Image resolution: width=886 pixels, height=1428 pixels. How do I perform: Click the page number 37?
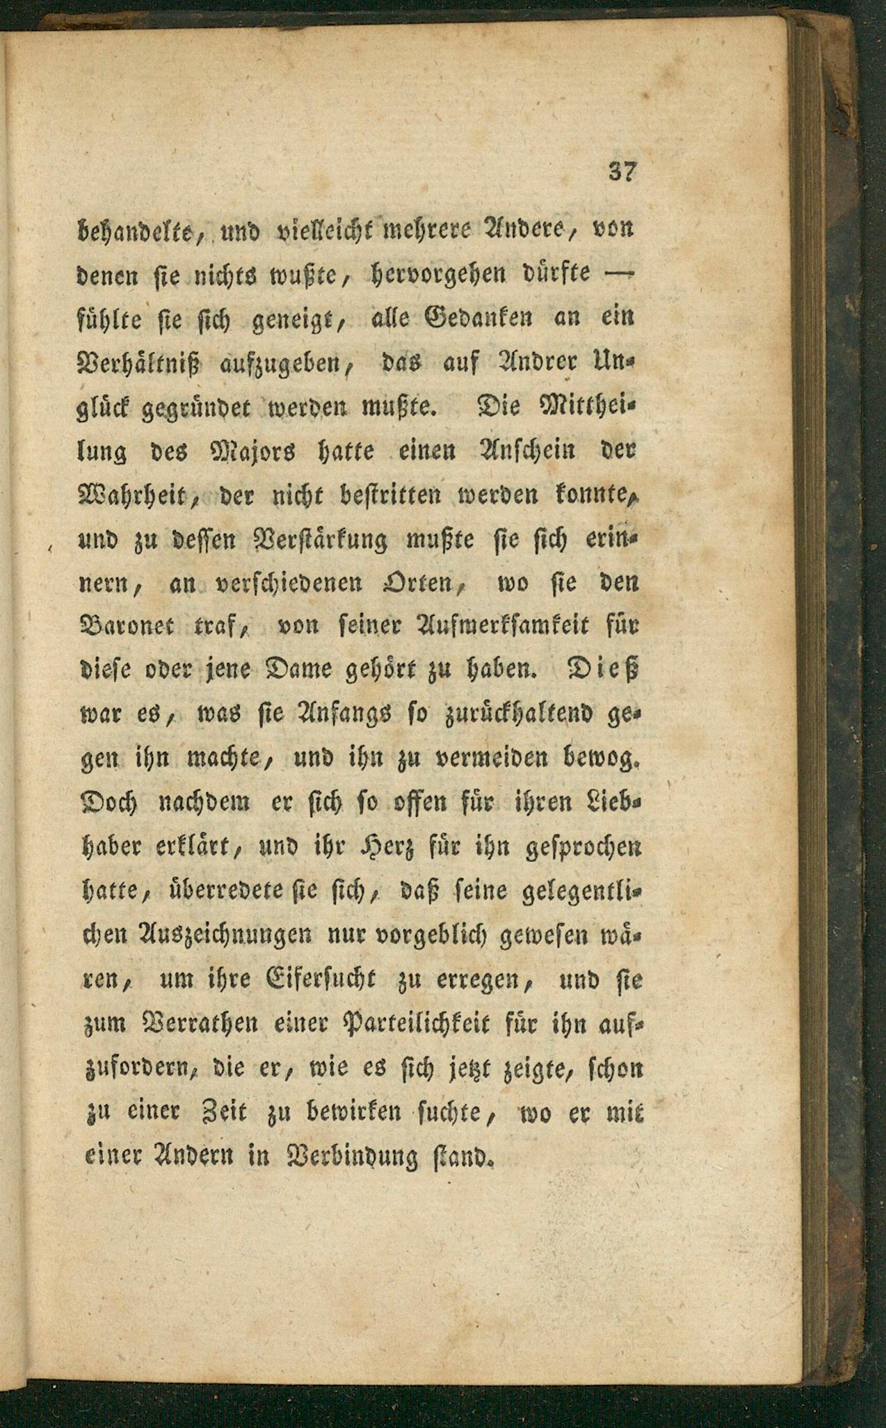(622, 171)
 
